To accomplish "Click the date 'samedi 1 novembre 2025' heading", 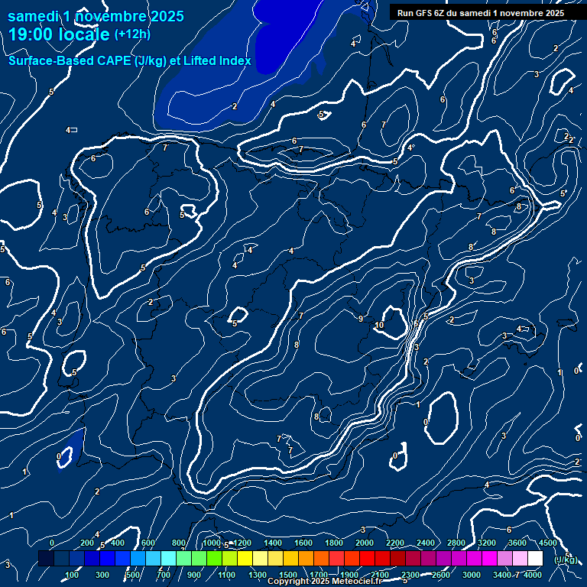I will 96,16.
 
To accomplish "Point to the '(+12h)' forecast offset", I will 132,34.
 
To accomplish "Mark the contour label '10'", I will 380,325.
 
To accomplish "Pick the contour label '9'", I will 361,319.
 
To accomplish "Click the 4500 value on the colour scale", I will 548,543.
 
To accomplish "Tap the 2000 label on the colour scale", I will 365,543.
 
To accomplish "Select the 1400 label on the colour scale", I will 272,543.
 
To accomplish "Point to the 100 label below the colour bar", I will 73,575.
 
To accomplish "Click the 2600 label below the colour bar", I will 441,575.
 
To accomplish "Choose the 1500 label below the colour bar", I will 288,575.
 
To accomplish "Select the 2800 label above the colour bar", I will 456,543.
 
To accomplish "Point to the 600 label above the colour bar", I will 148,543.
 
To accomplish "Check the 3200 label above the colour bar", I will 487,543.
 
